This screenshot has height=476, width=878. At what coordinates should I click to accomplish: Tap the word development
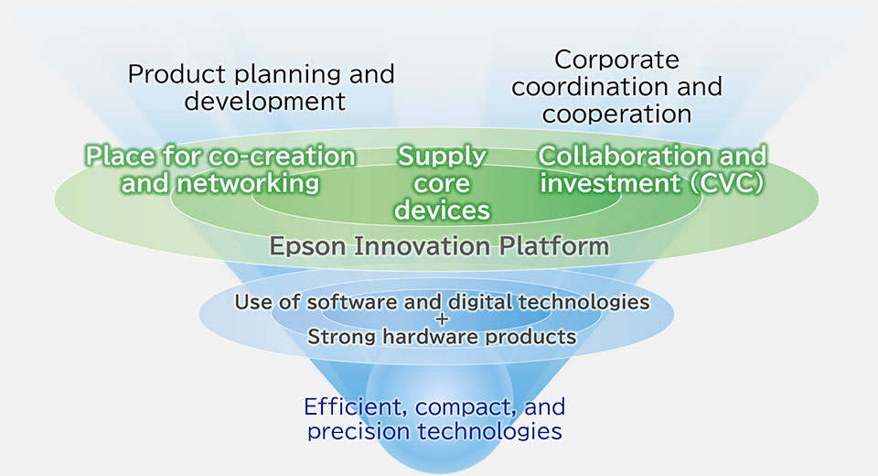(x=265, y=102)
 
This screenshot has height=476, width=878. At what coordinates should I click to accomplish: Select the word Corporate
(x=616, y=60)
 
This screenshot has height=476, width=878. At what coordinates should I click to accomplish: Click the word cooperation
(x=616, y=115)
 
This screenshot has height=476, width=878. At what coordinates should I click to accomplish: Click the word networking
(x=248, y=184)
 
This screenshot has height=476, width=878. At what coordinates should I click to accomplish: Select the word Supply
(x=442, y=157)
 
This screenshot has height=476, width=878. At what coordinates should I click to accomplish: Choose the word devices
(x=442, y=211)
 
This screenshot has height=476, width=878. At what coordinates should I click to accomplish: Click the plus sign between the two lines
(x=442, y=319)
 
